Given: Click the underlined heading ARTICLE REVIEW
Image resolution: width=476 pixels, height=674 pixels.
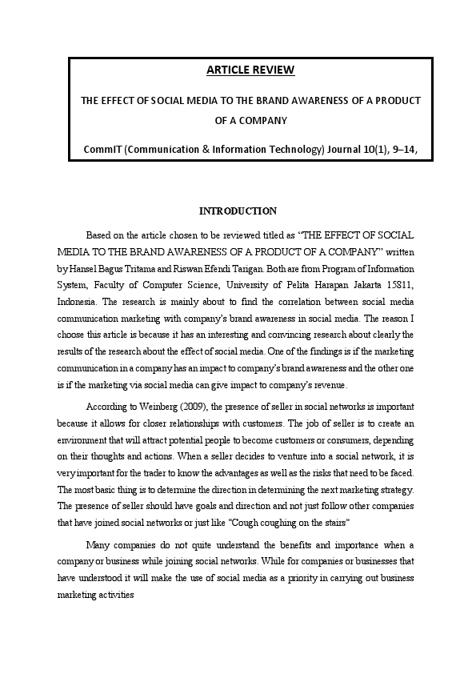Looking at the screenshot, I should click(250, 70).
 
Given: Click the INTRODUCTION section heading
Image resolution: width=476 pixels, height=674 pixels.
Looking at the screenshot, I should click(238, 211).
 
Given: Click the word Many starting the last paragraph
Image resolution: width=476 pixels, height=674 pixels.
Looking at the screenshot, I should click(99, 544).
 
